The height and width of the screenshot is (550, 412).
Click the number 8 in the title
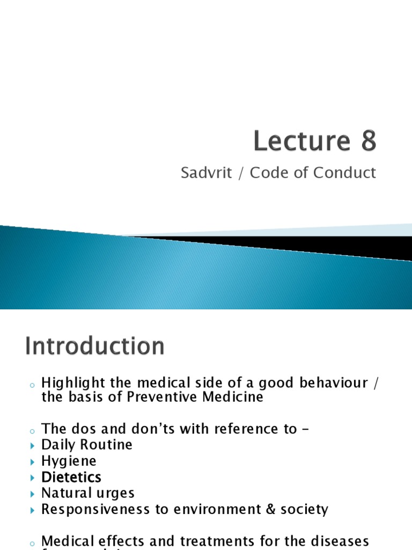[x=365, y=141]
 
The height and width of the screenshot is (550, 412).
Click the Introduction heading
[x=94, y=346]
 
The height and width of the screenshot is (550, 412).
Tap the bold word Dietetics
[x=71, y=477]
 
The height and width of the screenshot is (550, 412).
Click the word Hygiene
[x=69, y=461]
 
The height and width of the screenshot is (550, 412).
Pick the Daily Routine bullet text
[x=87, y=445]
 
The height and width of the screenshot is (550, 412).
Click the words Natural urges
[x=88, y=493]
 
